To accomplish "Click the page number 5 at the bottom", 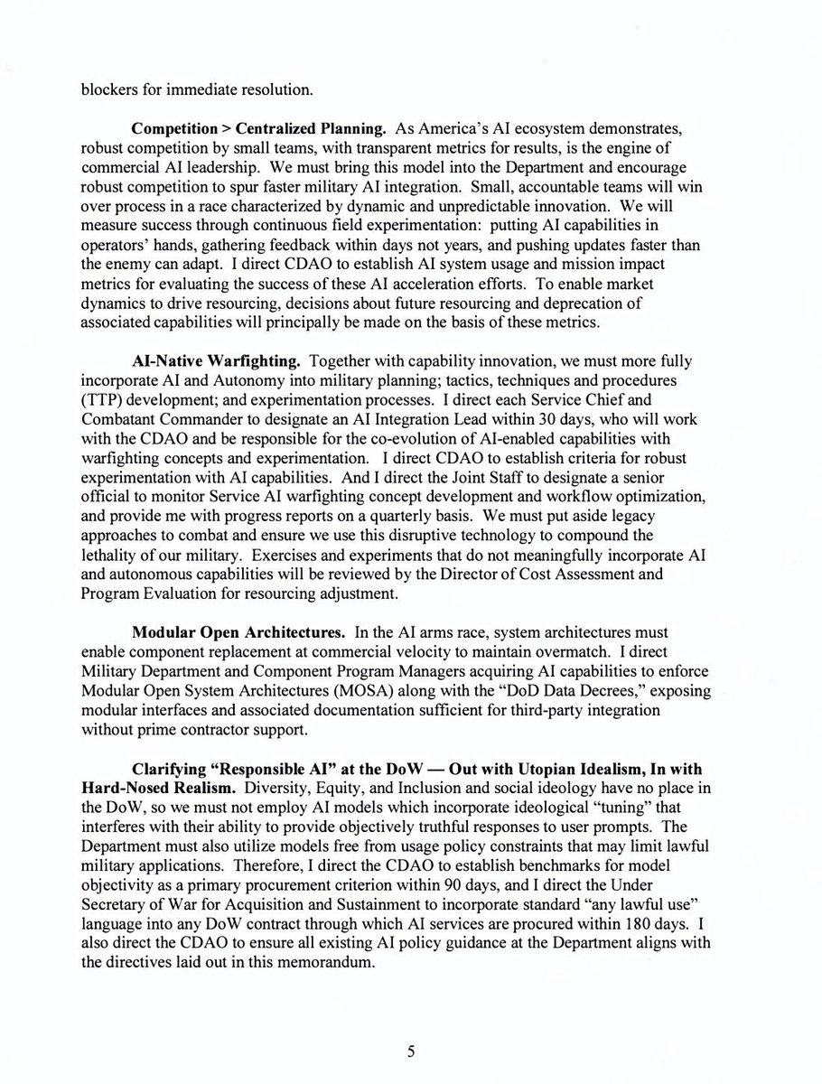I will pos(410,1051).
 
